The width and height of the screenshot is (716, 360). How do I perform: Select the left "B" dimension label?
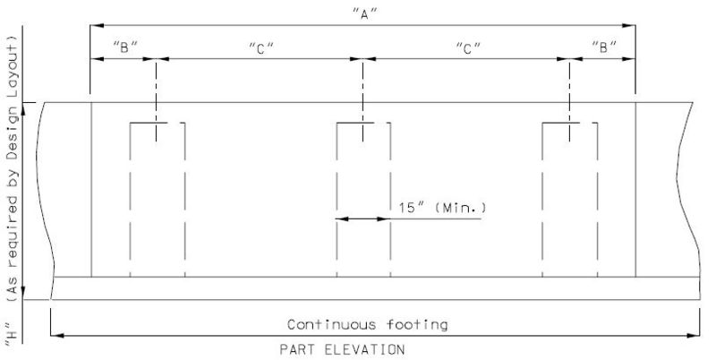pyautogui.click(x=124, y=47)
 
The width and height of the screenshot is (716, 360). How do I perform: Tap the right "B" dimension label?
pyautogui.click(x=604, y=47)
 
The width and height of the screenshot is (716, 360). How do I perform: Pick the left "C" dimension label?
pyautogui.click(x=261, y=48)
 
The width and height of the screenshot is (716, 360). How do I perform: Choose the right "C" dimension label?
pyautogui.click(x=468, y=48)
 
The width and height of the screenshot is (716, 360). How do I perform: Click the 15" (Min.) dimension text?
pyautogui.click(x=442, y=208)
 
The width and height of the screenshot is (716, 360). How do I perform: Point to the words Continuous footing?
pyautogui.click(x=367, y=325)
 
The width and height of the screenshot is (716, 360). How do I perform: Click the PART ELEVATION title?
pyautogui.click(x=342, y=350)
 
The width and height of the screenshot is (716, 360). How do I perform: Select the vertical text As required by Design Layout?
pyautogui.click(x=13, y=167)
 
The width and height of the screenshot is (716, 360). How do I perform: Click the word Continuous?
pyautogui.click(x=332, y=325)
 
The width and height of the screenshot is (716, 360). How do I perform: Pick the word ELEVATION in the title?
pyautogui.click(x=364, y=350)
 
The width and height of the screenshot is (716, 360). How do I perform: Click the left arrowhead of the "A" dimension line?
pyautogui.click(x=97, y=26)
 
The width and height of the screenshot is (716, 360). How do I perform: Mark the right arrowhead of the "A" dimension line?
pyautogui.click(x=629, y=26)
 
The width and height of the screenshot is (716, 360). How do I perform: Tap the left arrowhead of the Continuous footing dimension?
pyautogui.click(x=57, y=336)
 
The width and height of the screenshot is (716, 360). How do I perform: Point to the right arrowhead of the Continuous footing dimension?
pyautogui.click(x=693, y=336)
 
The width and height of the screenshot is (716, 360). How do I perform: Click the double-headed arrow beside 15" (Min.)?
pyautogui.click(x=363, y=219)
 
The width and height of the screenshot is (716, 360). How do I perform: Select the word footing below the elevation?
pyautogui.click(x=417, y=325)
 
